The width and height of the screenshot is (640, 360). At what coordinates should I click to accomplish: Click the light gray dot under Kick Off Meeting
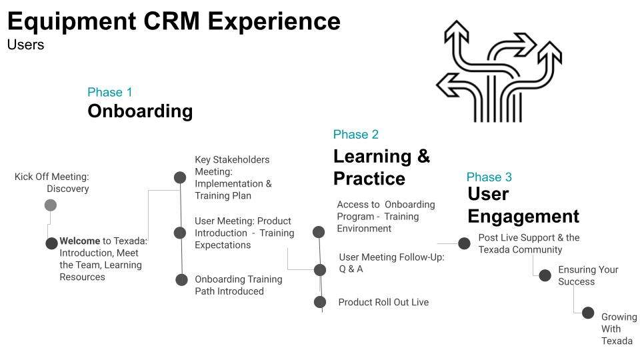point(51,205)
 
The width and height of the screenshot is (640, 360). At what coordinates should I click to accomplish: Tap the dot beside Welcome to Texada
point(51,243)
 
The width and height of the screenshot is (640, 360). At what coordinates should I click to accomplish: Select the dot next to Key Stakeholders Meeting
point(180,177)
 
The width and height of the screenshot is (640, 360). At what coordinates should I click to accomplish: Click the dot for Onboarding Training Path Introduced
point(181,279)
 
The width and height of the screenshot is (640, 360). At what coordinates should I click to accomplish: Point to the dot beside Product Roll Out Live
point(320,302)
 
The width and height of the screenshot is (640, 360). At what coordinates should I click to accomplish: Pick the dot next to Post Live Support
point(464,243)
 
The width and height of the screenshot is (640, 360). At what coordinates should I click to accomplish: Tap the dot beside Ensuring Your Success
point(545,275)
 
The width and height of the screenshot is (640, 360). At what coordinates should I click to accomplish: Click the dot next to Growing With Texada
point(588,313)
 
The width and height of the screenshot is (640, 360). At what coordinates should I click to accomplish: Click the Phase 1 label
point(110,92)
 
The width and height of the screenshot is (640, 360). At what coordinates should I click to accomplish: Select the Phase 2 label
point(355,135)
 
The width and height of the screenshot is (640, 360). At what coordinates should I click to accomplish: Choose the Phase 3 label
point(489,177)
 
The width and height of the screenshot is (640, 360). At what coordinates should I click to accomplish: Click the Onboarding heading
point(140,111)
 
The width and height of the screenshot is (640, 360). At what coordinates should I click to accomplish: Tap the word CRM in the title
point(171,21)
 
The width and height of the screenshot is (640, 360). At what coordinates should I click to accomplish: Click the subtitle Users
point(25,45)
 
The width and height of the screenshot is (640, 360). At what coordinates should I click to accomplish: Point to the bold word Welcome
point(79,241)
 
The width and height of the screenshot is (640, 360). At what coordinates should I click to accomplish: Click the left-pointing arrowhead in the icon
point(447,85)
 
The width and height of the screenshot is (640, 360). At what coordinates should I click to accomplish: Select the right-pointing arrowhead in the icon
point(525,44)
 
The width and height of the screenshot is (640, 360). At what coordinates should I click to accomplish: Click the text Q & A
point(351,269)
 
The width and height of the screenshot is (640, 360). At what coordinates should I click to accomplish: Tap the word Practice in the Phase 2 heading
point(369,179)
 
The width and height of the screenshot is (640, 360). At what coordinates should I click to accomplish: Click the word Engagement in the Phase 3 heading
point(523,217)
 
